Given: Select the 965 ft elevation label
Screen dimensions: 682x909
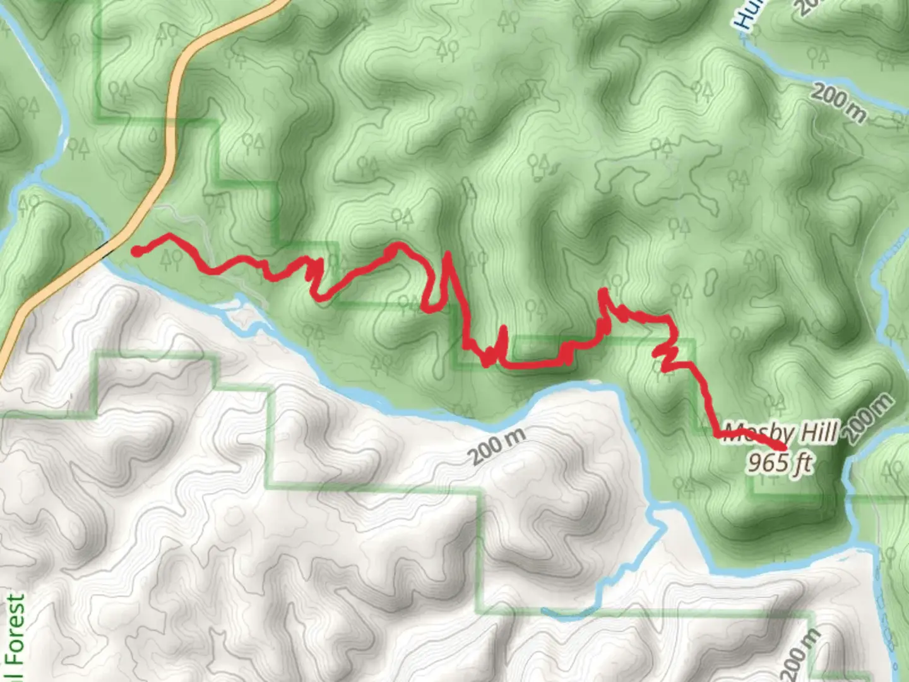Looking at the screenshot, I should (x=780, y=463).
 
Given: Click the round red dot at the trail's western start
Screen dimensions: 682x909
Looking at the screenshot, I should (x=136, y=251).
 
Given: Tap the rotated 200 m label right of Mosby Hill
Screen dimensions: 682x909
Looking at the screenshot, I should (x=870, y=417).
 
